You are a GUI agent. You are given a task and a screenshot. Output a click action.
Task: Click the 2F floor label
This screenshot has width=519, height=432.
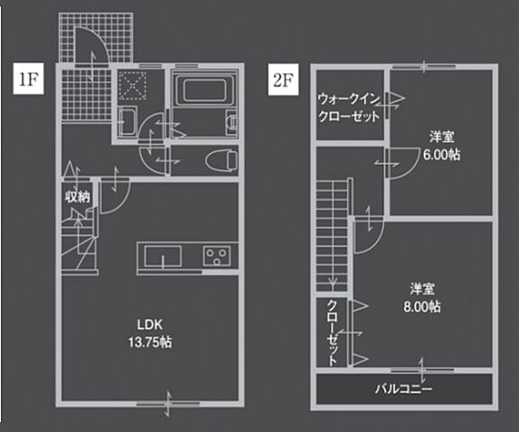pos(284,77)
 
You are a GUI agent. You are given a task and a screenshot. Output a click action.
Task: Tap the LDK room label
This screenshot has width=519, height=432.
pos(149,324)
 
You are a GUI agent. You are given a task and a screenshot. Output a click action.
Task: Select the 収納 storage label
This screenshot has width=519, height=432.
pos(76,196)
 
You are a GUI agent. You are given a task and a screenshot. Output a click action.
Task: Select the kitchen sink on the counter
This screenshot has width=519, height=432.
pos(163,260)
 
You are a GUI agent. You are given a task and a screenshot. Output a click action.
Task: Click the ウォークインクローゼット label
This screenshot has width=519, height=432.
pos(346,107)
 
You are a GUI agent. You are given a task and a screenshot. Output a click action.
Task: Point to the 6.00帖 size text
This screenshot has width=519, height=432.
pos(441,154)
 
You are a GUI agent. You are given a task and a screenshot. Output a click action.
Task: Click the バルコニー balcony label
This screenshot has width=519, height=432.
pos(403,390)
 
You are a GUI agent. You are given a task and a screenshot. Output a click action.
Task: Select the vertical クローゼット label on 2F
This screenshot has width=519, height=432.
pos(332,331)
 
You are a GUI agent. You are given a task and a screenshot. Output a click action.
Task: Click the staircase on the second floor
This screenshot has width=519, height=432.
pos(331,234)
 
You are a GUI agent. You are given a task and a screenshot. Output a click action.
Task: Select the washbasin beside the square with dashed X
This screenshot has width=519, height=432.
pos(127,122)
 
